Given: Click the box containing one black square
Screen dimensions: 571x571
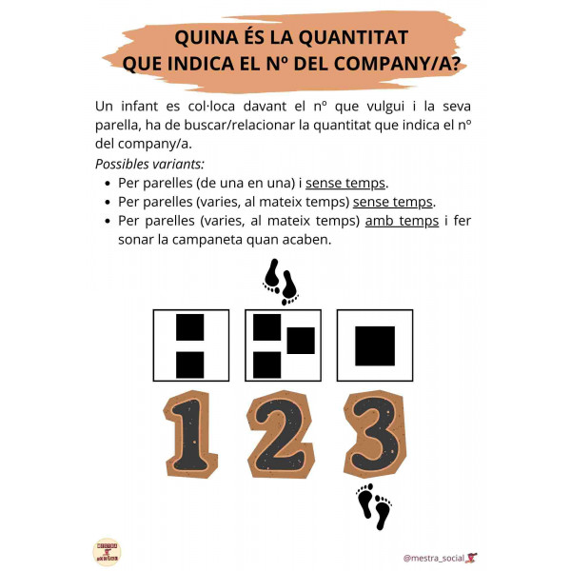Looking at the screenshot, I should (375, 345).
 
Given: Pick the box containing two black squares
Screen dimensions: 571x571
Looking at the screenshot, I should (190, 345).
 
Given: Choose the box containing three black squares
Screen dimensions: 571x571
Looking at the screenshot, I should (284, 345).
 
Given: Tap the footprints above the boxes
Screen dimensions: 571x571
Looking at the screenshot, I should (281, 280).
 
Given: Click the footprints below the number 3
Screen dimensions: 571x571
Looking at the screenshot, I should (374, 507).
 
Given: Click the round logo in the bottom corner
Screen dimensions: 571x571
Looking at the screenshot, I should (107, 551).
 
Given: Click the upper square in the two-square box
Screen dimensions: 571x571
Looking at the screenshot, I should (190, 327).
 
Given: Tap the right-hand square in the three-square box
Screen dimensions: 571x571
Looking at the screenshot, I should (301, 341).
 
